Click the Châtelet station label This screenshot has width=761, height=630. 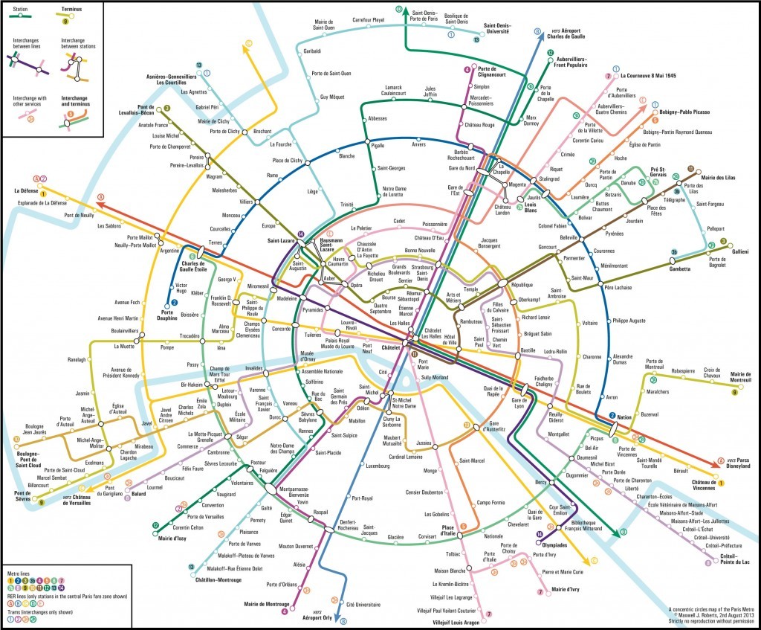(392, 347)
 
